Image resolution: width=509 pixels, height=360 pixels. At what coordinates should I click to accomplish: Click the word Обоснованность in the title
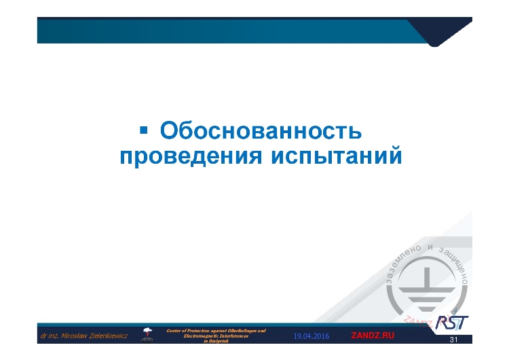point(258,131)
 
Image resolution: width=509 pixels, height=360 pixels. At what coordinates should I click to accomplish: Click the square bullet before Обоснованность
point(143,128)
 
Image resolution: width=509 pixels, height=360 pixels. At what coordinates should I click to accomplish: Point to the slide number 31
point(455,340)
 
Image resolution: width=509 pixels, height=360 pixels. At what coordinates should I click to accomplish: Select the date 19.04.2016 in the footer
point(312,336)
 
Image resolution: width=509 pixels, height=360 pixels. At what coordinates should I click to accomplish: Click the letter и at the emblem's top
point(431,247)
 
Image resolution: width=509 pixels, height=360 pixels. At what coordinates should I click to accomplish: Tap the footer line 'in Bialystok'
point(216,342)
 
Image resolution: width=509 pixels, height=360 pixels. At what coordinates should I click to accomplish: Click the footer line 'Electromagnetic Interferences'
point(216,336)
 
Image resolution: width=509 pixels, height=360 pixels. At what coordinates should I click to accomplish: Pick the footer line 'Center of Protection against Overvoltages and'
point(216,330)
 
